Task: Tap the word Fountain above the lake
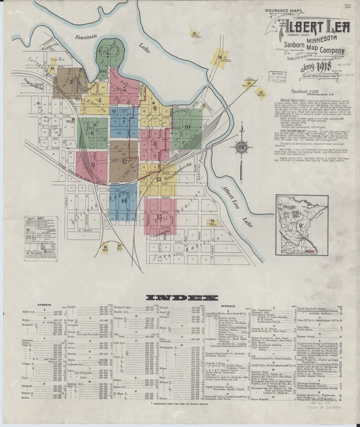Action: [x=86, y=37]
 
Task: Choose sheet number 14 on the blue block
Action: [x=125, y=200]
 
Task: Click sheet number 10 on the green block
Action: [x=187, y=127]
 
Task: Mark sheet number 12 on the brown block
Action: [x=124, y=160]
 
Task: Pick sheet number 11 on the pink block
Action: [x=93, y=165]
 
